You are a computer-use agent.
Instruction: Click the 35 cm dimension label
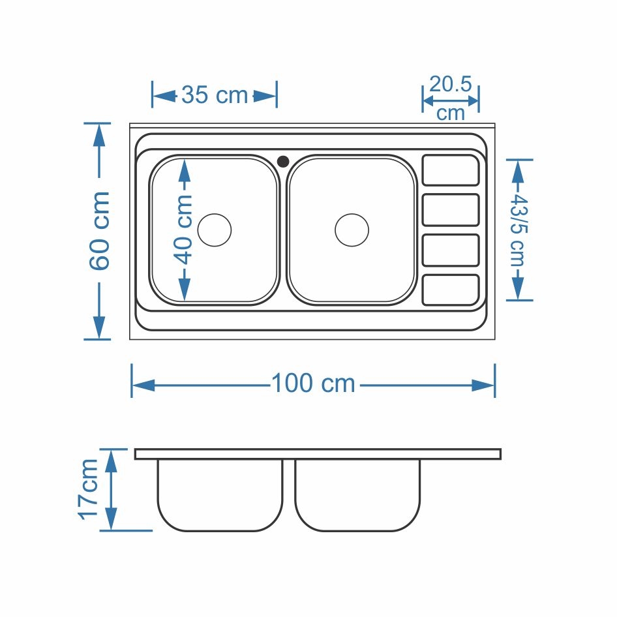click(215, 95)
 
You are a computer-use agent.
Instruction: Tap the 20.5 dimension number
click(450, 84)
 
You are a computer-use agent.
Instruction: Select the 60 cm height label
click(99, 231)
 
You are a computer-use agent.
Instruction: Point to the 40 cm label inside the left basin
click(183, 230)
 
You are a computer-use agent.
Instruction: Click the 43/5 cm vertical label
click(519, 230)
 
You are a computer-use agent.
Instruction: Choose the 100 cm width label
click(313, 384)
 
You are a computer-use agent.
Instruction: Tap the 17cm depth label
click(89, 490)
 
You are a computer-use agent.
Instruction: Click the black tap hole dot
click(283, 161)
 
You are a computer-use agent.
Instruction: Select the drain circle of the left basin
click(215, 230)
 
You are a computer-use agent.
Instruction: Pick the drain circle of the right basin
click(352, 230)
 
